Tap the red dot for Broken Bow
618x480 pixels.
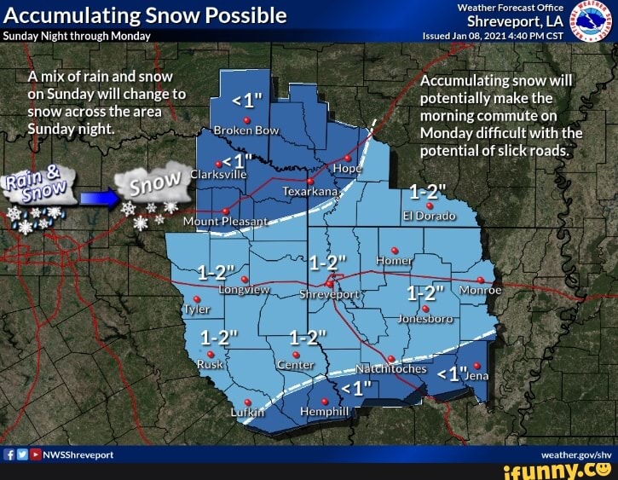pos(245,120)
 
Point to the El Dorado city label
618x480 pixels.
pos(430,216)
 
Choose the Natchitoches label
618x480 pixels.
pos(390,370)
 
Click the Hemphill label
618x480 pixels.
pos(325,412)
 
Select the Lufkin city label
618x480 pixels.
pos(250,413)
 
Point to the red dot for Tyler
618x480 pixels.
pos(197,299)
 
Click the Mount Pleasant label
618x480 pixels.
pos(225,222)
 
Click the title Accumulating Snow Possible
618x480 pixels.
pos(145,15)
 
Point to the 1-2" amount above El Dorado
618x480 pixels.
pos(425,191)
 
